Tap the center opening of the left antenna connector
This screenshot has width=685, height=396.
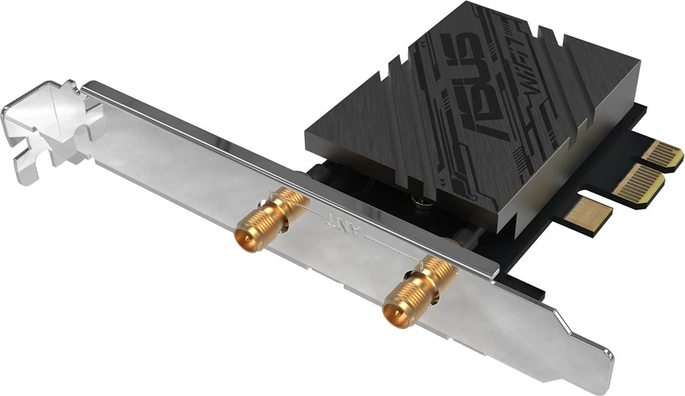[x=246, y=240]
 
